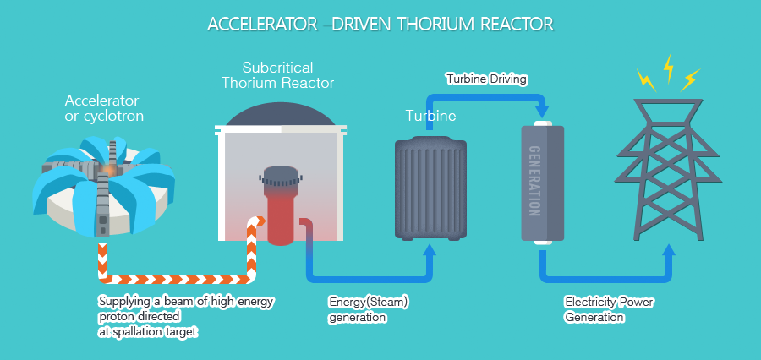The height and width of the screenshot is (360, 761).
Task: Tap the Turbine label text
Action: (x=430, y=116)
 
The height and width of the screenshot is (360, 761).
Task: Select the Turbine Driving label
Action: (x=487, y=79)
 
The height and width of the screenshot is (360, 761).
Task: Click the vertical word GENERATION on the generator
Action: (x=534, y=181)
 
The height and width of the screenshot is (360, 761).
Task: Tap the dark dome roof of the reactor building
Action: (x=281, y=114)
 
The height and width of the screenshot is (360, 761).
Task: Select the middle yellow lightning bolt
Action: (x=668, y=68)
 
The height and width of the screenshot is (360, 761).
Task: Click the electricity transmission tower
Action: (x=668, y=169)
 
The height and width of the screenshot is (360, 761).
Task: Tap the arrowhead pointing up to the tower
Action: (x=669, y=250)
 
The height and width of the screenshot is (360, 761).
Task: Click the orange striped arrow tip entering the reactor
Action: (x=260, y=221)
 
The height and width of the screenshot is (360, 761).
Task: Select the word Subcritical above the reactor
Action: (x=277, y=67)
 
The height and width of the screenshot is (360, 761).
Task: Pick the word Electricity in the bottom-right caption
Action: (x=589, y=303)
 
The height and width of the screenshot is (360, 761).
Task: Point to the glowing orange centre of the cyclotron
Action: (x=108, y=169)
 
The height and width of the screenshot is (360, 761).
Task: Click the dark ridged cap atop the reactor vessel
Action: (x=281, y=177)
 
